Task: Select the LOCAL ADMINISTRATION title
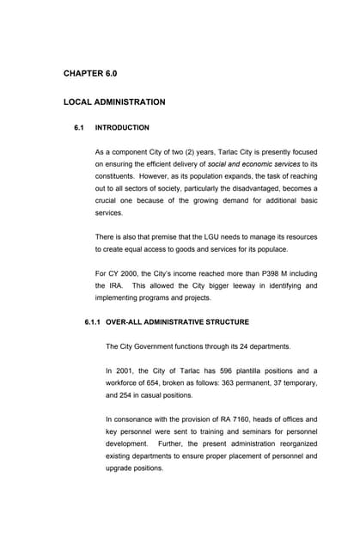click(x=114, y=102)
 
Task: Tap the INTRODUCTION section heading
click(x=122, y=128)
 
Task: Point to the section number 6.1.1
click(x=90, y=322)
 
